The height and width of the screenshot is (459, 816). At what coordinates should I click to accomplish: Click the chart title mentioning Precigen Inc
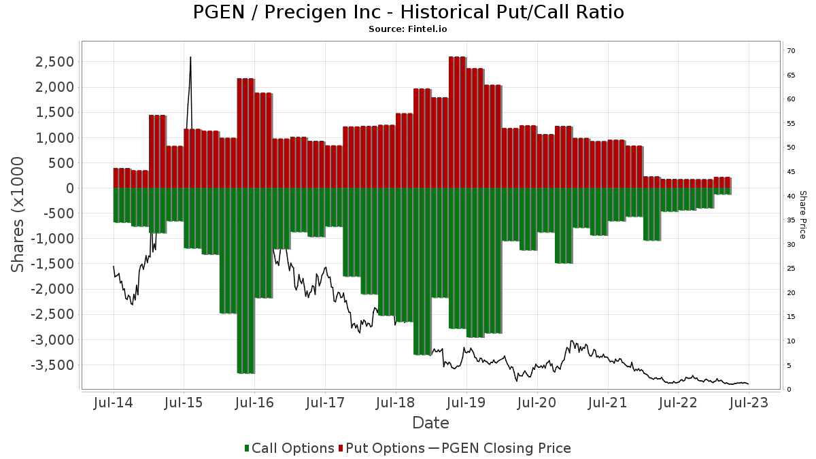408,12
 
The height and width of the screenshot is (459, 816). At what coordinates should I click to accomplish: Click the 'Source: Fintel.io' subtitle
408,29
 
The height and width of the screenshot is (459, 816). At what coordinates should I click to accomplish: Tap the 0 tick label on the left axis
69,188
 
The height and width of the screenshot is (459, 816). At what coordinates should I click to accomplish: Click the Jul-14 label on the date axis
113,403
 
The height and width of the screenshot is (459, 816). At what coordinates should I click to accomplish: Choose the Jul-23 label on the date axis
748,403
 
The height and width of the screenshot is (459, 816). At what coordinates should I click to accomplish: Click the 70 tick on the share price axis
791,51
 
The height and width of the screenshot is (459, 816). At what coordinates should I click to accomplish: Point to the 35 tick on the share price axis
791,220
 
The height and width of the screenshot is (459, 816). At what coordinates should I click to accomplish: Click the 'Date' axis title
430,423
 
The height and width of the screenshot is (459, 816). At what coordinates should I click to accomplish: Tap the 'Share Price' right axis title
802,214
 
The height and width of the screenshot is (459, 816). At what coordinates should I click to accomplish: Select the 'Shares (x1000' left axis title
19,214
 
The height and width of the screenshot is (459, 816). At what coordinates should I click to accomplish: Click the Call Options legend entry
289,448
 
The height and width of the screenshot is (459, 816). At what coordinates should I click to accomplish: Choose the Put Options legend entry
384,448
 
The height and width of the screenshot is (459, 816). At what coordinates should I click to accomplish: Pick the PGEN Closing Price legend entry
500,448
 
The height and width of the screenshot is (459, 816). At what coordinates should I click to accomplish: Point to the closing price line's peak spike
190,58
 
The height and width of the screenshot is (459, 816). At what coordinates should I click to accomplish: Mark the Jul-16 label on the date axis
254,403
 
